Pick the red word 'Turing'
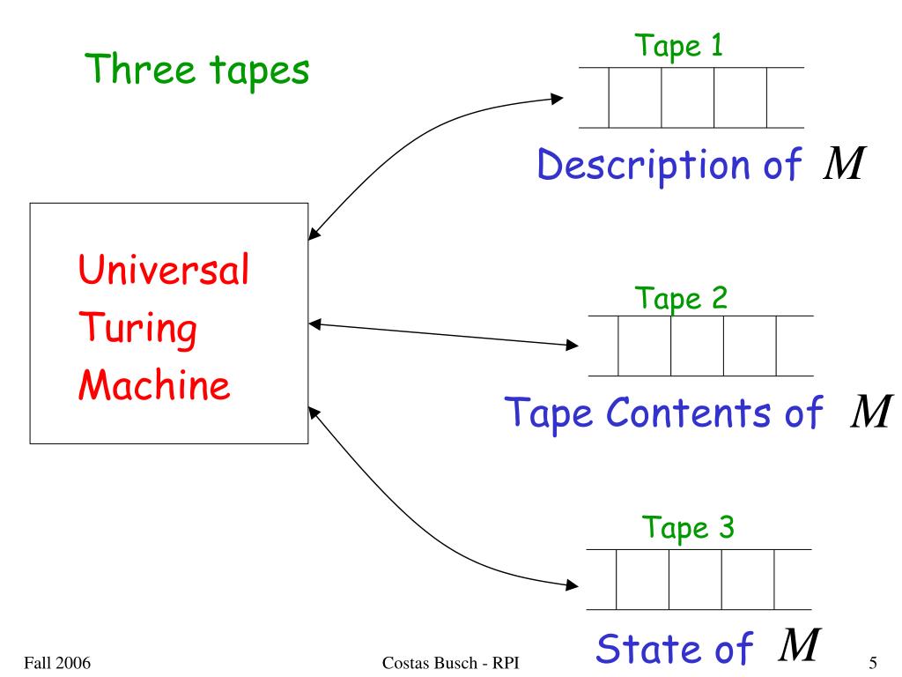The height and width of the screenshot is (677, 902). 134,332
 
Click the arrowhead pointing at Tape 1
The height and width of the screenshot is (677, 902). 557,99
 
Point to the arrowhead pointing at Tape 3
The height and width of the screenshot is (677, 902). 573,584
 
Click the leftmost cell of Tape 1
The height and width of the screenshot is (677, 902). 635,97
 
